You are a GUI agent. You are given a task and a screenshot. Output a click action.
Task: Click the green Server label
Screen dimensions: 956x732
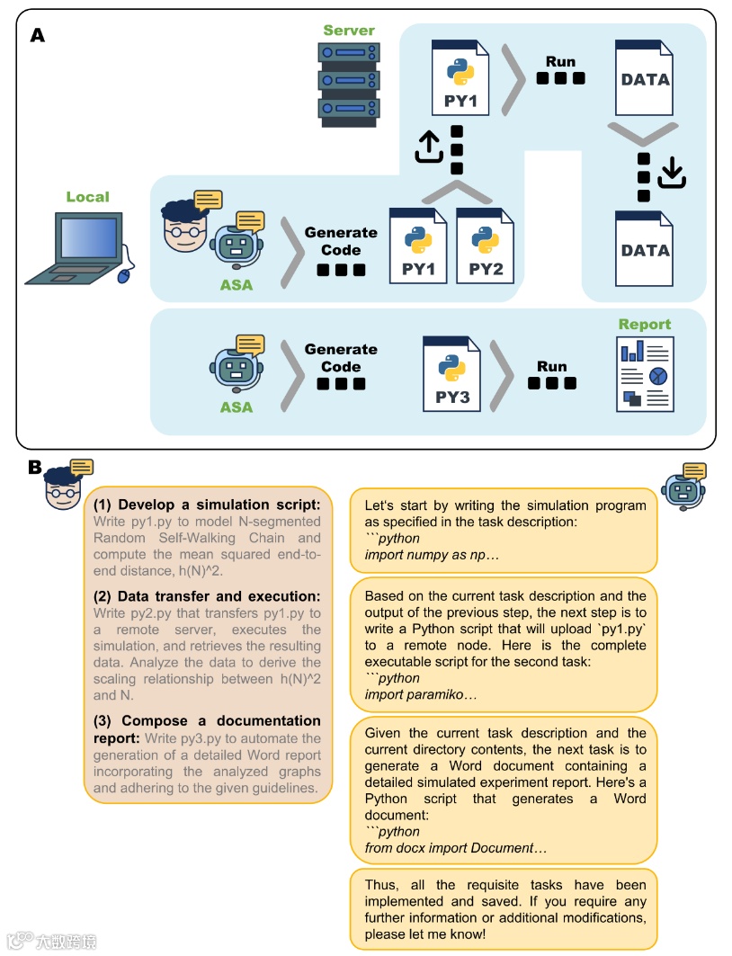tap(349, 31)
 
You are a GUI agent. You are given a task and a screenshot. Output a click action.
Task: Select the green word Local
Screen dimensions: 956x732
tap(88, 197)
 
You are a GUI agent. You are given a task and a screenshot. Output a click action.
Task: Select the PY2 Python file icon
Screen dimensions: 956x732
tap(485, 245)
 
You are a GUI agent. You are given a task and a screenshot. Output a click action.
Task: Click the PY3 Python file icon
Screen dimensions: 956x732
tap(451, 373)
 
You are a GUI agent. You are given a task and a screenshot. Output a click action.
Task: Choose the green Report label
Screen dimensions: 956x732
tap(644, 324)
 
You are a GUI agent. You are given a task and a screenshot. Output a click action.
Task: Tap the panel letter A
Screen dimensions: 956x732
tap(38, 36)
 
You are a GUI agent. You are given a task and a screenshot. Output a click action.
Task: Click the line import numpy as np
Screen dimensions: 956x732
tap(431, 555)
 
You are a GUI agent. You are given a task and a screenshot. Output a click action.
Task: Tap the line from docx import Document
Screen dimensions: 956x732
tap(455, 848)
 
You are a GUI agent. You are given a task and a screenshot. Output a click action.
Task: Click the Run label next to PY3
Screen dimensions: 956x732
tap(552, 366)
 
